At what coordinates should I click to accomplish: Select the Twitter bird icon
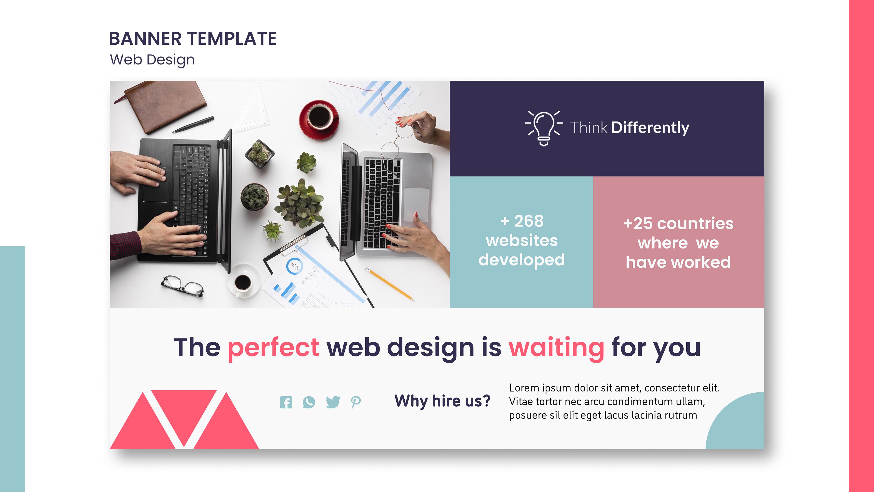tap(333, 402)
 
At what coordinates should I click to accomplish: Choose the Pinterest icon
tap(355, 402)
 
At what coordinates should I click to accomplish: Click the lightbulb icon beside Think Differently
tap(544, 128)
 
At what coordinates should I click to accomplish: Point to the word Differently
tap(650, 128)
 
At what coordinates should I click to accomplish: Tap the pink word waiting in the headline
tap(556, 348)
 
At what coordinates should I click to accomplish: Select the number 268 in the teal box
tap(529, 221)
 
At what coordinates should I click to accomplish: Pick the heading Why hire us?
tap(443, 401)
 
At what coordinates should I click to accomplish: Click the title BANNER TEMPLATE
tap(193, 39)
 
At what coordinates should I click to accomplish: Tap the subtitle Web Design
tap(152, 60)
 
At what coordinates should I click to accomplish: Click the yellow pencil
tap(390, 284)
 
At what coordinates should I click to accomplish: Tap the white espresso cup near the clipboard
tap(243, 282)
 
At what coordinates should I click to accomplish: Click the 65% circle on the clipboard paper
tap(294, 266)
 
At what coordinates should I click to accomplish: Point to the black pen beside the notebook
tap(193, 124)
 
